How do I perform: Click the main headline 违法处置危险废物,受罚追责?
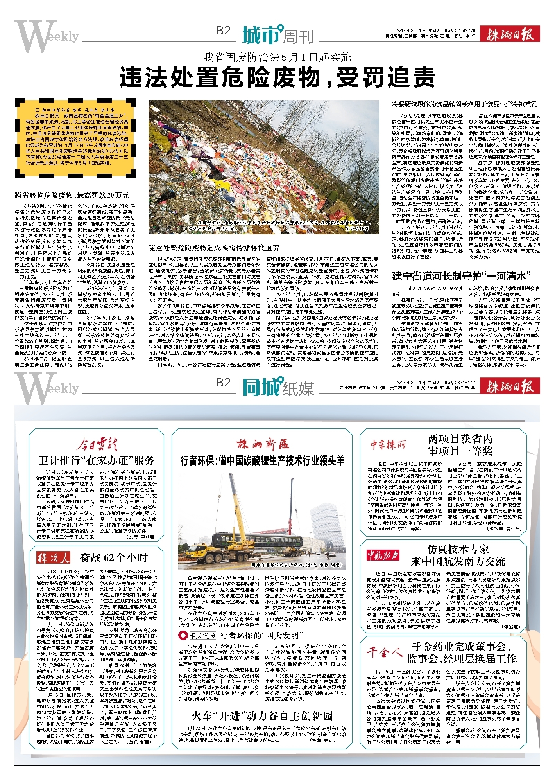(x=277, y=77)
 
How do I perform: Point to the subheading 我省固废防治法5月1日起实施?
(x=277, y=57)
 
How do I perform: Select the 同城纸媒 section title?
(x=278, y=387)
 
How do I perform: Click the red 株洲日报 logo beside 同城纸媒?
(x=510, y=387)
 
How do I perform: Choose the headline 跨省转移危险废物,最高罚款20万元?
(x=72, y=195)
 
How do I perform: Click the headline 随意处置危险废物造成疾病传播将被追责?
(x=213, y=248)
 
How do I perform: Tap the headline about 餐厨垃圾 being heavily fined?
(x=465, y=104)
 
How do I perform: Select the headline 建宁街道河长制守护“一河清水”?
(x=462, y=276)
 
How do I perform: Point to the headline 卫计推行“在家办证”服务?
(x=97, y=460)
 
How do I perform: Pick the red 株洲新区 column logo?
(x=262, y=444)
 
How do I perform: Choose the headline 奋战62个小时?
(x=113, y=557)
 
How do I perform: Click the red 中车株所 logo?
(x=388, y=445)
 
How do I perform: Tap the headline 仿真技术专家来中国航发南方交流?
(x=458, y=555)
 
